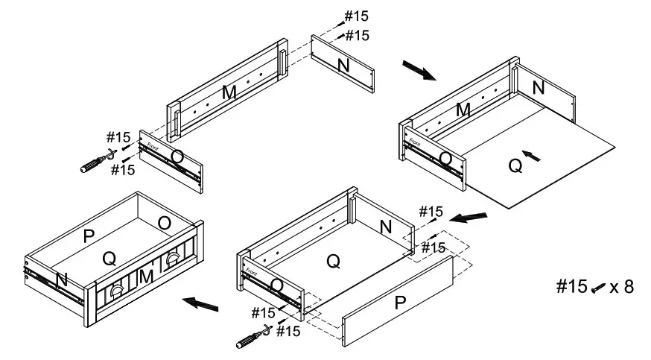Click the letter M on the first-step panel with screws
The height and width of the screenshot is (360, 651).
(229, 92)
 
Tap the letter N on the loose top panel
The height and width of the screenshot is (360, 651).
(343, 65)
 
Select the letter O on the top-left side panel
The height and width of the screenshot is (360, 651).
(177, 157)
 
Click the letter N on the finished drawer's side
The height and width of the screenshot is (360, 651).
(62, 280)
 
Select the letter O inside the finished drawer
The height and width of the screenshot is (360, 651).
(164, 223)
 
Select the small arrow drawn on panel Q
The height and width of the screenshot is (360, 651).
(530, 155)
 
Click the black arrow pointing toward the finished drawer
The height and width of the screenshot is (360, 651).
(202, 303)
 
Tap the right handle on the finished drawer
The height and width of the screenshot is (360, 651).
(174, 259)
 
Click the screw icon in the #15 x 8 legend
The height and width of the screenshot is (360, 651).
(598, 289)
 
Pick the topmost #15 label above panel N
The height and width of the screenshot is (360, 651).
(355, 16)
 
